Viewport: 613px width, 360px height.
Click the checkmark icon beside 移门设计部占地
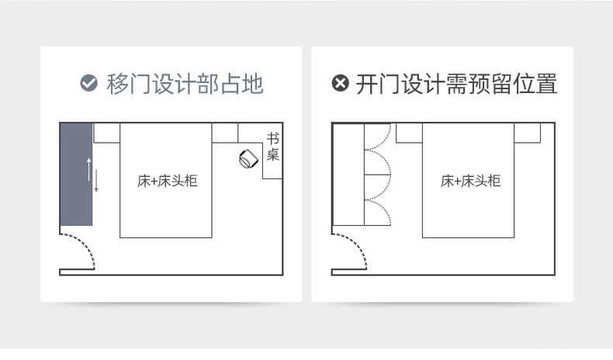[x=89, y=83]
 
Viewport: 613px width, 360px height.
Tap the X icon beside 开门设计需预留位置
[x=340, y=83]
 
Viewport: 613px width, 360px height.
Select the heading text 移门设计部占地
[x=185, y=84]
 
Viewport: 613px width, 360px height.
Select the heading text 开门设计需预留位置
[x=457, y=84]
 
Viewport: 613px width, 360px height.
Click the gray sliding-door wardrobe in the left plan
[x=77, y=174]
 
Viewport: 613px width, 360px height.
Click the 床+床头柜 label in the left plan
[x=167, y=182]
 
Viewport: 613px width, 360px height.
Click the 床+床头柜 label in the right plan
[x=470, y=182]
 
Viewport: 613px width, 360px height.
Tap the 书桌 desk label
[x=273, y=147]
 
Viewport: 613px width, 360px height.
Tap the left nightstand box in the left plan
[x=106, y=133]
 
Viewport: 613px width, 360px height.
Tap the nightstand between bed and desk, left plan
[x=225, y=133]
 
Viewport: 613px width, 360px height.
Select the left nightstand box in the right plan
[x=409, y=133]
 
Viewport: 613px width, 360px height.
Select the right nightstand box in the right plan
[x=527, y=133]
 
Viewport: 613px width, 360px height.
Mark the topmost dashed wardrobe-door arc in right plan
[x=378, y=136]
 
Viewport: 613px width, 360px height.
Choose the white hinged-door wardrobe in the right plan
[x=348, y=174]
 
